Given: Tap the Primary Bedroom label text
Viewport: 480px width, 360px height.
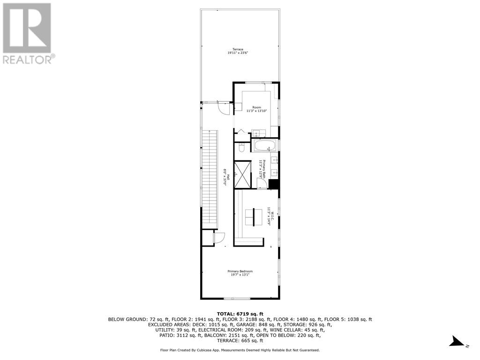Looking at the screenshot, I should (x=240, y=273).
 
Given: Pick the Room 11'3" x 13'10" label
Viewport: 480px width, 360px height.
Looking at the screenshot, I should (x=256, y=109).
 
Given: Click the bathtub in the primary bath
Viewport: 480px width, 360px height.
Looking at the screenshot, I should (x=263, y=145).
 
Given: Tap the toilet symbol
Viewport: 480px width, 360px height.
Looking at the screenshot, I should (x=242, y=147).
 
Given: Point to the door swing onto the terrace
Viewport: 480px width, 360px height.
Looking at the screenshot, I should (x=224, y=108).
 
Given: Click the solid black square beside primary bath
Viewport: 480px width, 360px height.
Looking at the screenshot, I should (x=274, y=184).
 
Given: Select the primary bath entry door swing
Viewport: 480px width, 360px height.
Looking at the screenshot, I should (x=263, y=183).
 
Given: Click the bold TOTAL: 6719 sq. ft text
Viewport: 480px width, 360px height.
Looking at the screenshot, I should (x=240, y=314).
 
